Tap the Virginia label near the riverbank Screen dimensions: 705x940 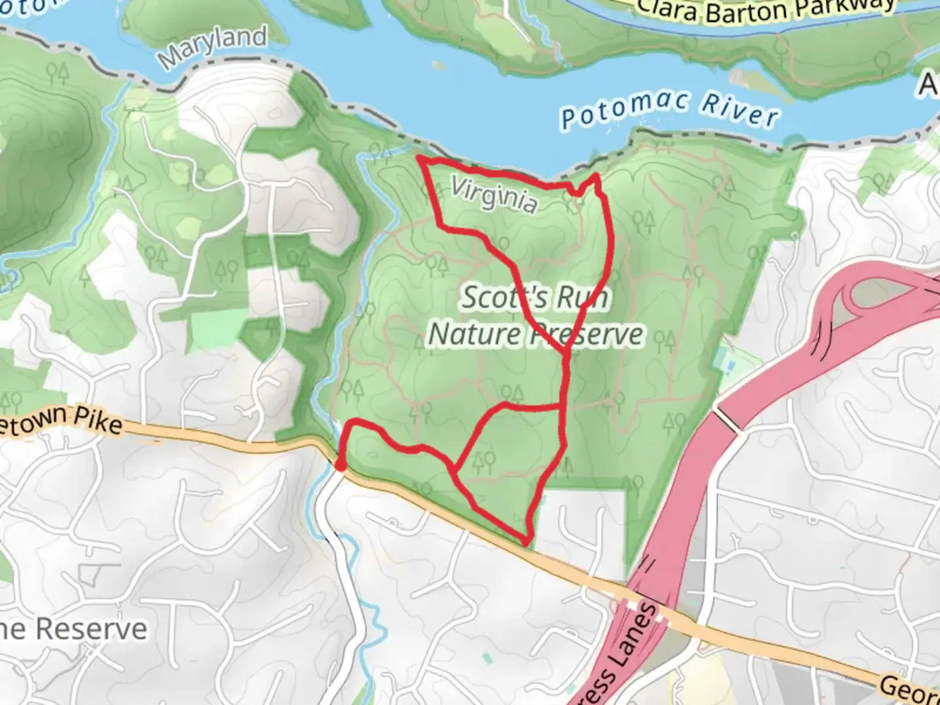(x=494, y=195)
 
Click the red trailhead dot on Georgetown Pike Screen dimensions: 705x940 (x=340, y=465)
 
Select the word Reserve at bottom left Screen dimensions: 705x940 (x=91, y=629)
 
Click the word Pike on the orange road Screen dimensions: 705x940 (x=97, y=420)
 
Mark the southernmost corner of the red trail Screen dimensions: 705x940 (x=526, y=542)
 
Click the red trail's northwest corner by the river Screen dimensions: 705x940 (x=421, y=159)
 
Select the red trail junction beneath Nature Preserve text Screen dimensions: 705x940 (x=565, y=352)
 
